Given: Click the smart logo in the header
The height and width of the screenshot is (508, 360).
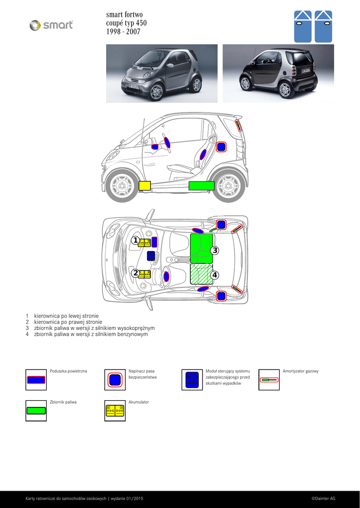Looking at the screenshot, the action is point(51,25).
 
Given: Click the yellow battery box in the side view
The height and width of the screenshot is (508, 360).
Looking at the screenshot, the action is point(144,186).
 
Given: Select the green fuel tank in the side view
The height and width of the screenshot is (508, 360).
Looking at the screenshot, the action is point(202,186).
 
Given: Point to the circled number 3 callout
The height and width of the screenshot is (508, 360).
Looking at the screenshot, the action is point(215,250).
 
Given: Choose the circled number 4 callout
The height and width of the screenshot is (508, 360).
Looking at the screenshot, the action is point(215,275).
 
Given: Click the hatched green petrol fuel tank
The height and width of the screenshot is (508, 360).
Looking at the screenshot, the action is point(202,274).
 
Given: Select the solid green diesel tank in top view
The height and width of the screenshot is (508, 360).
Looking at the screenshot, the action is point(202,249).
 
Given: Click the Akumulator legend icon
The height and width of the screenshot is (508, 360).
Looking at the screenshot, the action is point(115,411).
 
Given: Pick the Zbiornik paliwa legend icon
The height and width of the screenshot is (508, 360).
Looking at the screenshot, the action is point(36,411).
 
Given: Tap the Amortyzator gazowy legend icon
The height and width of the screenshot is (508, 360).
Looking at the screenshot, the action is point(269,380).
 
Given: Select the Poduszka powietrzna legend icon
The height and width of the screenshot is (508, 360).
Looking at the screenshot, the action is point(36,380).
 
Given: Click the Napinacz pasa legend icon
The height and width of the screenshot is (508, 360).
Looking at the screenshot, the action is point(115,380).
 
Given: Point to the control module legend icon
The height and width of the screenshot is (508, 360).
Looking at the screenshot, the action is point(192,380).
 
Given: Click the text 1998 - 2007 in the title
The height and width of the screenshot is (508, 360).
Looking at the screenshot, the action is point(123,32).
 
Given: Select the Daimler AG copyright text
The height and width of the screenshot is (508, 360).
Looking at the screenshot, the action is point(323,499).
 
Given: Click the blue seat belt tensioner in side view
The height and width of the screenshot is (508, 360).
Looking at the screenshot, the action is point(221,147).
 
